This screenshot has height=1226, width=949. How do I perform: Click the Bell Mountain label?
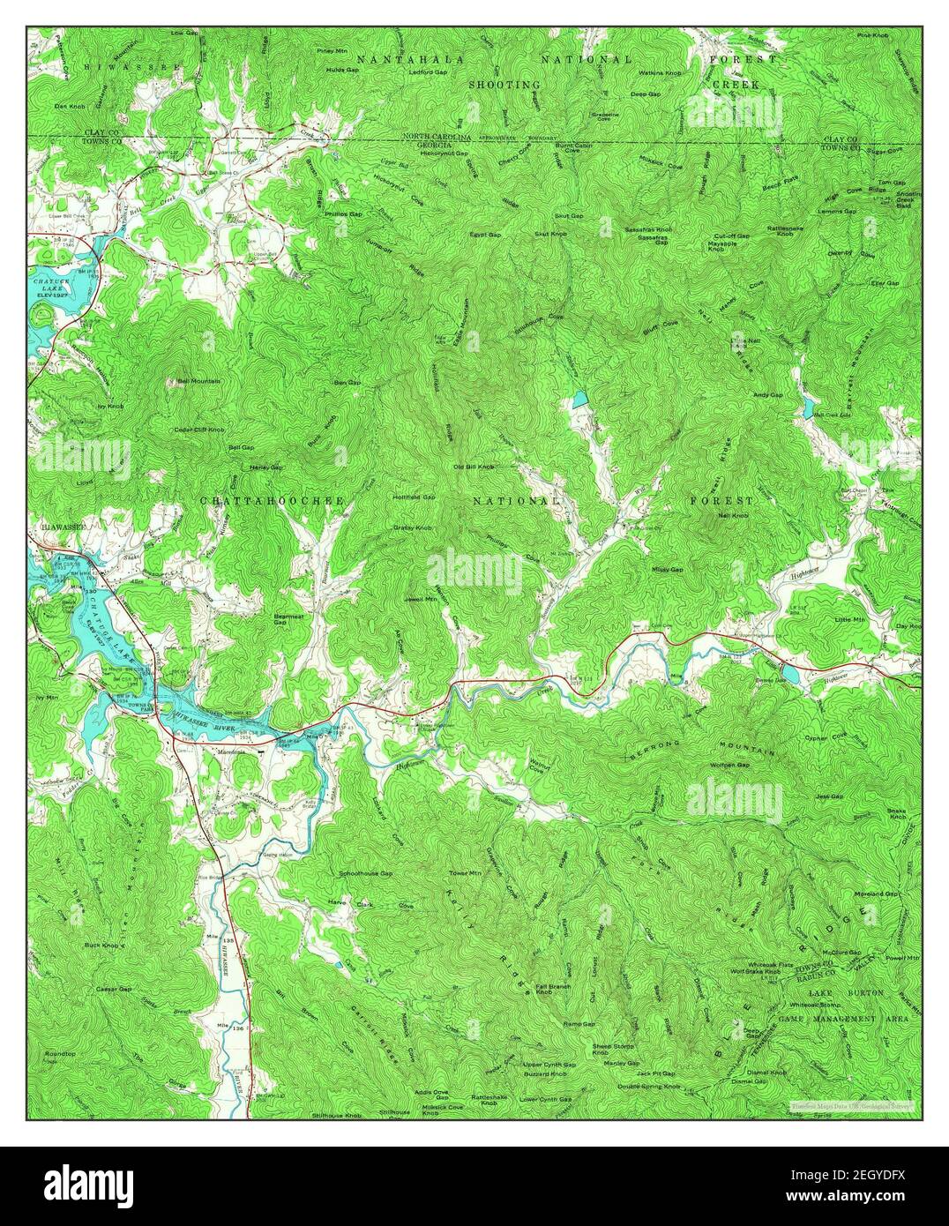[198, 381]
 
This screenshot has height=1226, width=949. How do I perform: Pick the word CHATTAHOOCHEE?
[270, 501]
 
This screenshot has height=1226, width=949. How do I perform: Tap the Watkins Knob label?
[660, 72]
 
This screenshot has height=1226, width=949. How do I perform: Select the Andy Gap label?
[766, 395]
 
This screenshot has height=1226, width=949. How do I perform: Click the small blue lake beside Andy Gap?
[807, 407]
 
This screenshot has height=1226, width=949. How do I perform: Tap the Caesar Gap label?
[113, 990]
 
